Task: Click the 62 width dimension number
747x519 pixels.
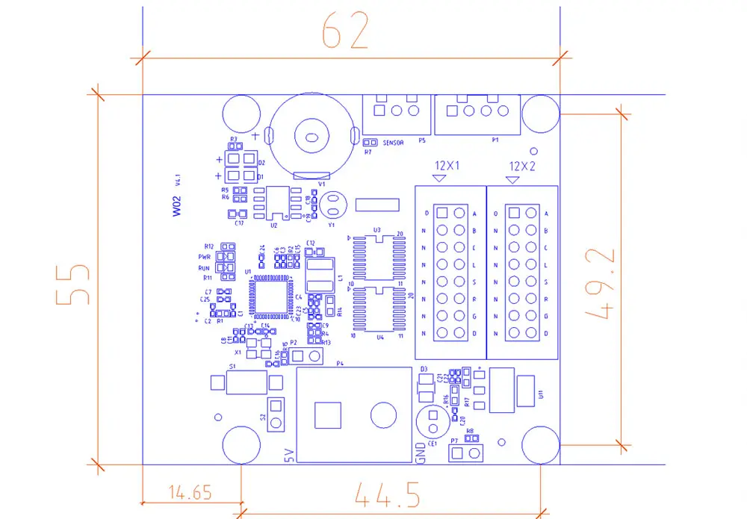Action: [345, 31]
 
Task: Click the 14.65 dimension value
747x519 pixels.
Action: [190, 492]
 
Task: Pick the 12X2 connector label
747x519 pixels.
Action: [521, 166]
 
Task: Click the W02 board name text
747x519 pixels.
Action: [177, 205]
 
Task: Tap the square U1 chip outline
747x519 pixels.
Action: [270, 296]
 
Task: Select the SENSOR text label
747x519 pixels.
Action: [394, 143]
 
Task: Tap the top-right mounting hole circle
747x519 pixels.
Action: [540, 114]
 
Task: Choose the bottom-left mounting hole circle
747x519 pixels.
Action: [241, 446]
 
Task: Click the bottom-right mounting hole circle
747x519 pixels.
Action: [541, 446]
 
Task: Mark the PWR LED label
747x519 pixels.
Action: [205, 256]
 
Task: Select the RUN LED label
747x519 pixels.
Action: [205, 267]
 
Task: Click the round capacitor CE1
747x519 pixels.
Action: [432, 420]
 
